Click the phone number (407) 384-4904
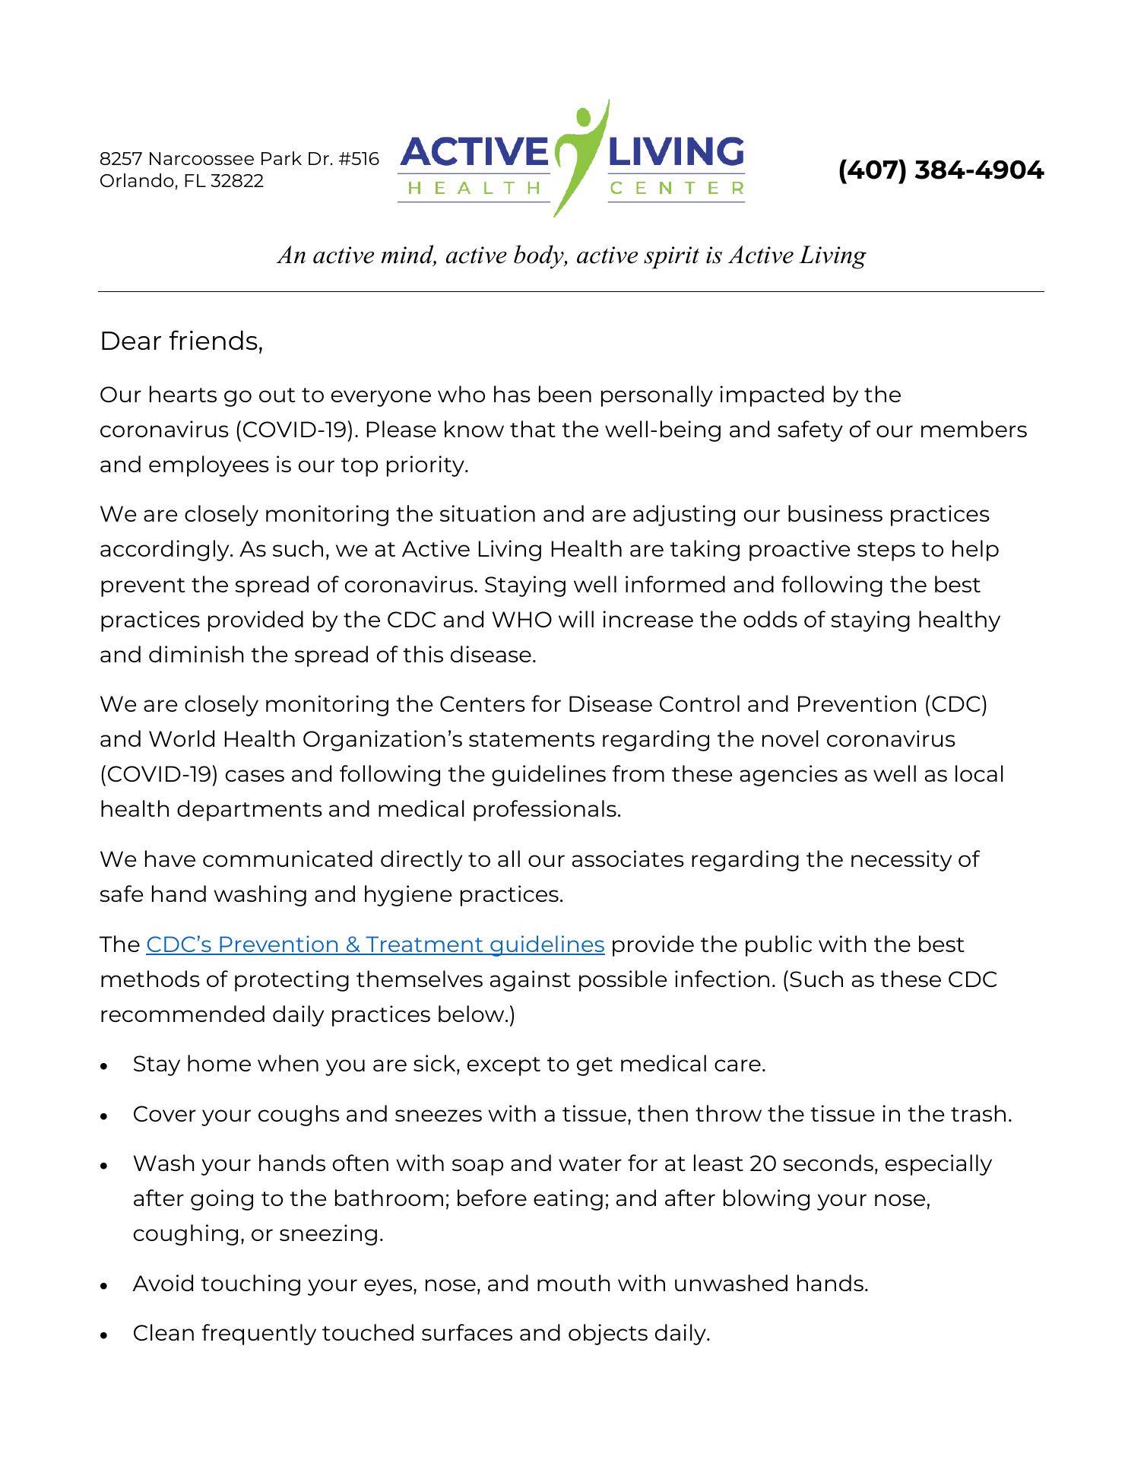click(940, 170)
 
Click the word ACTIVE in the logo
click(474, 152)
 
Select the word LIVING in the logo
click(676, 152)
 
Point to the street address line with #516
click(239, 159)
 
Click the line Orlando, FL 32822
click(182, 181)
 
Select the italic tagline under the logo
click(571, 255)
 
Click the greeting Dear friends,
click(181, 341)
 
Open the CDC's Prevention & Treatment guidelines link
click(375, 944)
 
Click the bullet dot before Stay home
click(105, 1066)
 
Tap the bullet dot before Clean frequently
click(105, 1335)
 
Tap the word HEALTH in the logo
click(474, 188)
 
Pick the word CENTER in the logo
click(676, 188)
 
